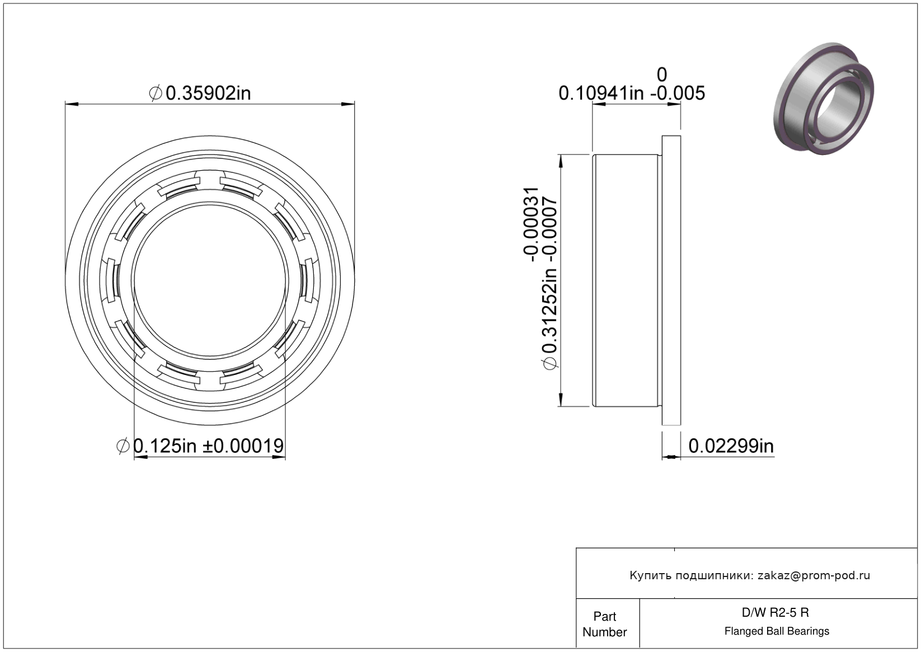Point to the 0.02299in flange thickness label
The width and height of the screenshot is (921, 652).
point(731,446)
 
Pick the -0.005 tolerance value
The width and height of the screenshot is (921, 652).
point(678,93)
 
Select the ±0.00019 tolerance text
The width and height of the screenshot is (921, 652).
point(243,446)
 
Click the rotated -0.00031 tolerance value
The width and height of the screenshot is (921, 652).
point(530,224)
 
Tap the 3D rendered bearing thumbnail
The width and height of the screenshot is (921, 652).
point(824,98)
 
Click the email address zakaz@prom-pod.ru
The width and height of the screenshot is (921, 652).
point(814,575)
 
